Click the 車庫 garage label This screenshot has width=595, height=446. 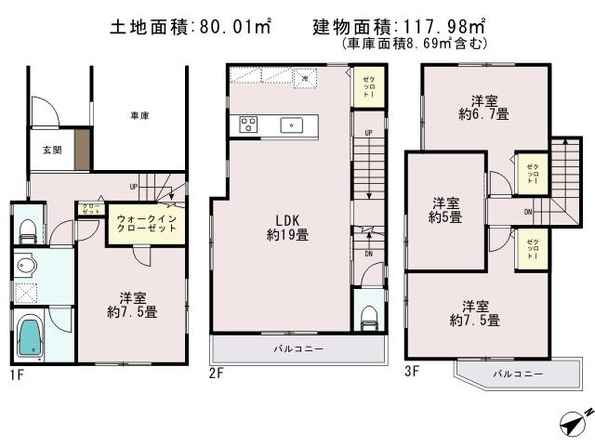click(139, 116)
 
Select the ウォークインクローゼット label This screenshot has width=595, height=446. click(147, 224)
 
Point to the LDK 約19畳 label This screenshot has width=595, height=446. click(286, 229)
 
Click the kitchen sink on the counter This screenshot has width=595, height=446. click(290, 125)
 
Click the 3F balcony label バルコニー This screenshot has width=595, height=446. click(513, 374)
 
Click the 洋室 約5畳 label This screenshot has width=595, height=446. click(444, 210)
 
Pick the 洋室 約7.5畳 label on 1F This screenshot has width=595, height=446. click(131, 305)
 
